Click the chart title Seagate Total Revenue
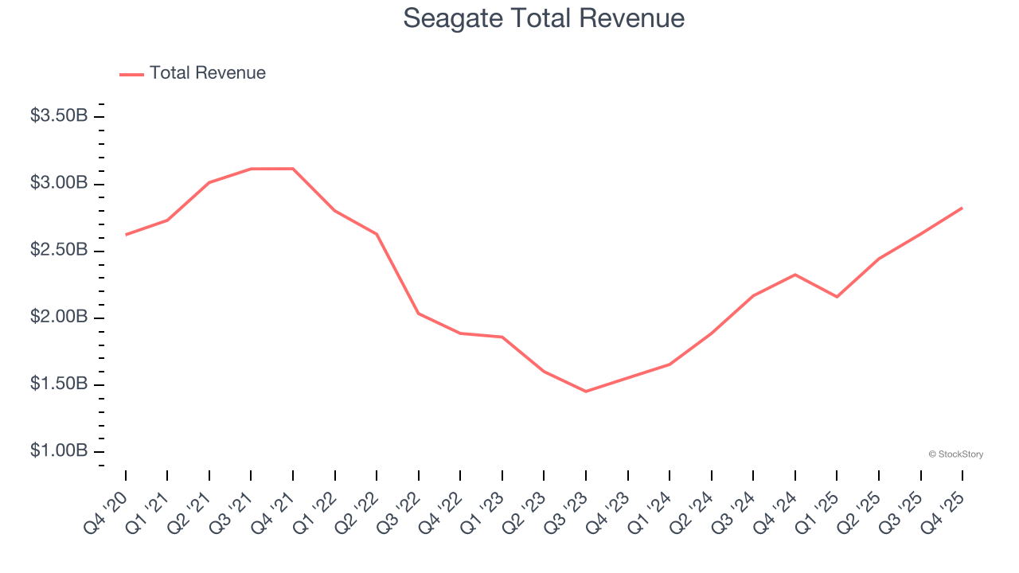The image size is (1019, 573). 544,18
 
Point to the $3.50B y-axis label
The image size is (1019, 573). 59,116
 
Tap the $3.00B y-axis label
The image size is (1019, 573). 59,183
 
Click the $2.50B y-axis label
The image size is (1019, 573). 59,250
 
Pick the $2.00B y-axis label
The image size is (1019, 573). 59,317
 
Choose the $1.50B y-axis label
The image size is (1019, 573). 59,384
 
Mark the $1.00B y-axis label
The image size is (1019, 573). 59,450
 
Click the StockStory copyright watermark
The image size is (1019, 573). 955,454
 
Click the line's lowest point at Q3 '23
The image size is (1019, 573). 586,392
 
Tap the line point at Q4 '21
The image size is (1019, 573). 293,169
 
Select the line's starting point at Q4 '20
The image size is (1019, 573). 126,235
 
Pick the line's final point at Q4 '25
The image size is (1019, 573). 962,208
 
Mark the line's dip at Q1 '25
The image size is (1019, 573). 837,297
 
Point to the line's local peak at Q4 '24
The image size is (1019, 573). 795,275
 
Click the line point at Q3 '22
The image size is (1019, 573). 419,314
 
